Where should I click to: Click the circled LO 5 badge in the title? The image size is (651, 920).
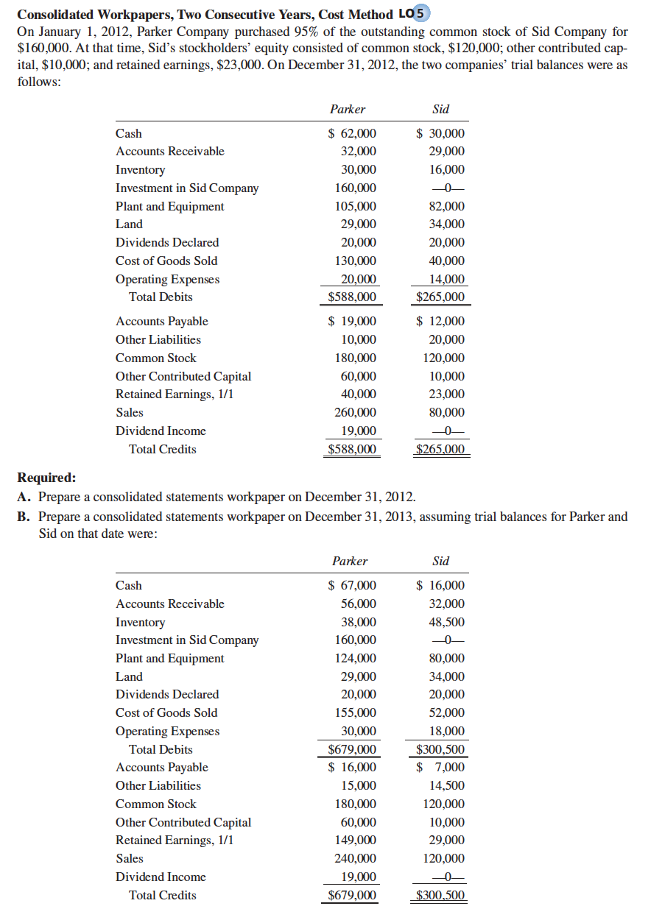(422, 15)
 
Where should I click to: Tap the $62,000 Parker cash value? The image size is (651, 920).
(352, 133)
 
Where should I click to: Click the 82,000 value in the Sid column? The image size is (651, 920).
(446, 206)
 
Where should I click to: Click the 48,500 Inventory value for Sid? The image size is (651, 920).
(446, 622)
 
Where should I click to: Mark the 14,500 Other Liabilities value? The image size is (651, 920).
(446, 785)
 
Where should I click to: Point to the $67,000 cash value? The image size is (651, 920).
(352, 585)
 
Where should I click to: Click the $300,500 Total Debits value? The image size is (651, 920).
(440, 750)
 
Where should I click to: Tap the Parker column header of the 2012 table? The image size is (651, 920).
(348, 109)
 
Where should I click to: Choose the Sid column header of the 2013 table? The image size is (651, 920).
(441, 561)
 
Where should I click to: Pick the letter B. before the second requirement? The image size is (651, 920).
(24, 516)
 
